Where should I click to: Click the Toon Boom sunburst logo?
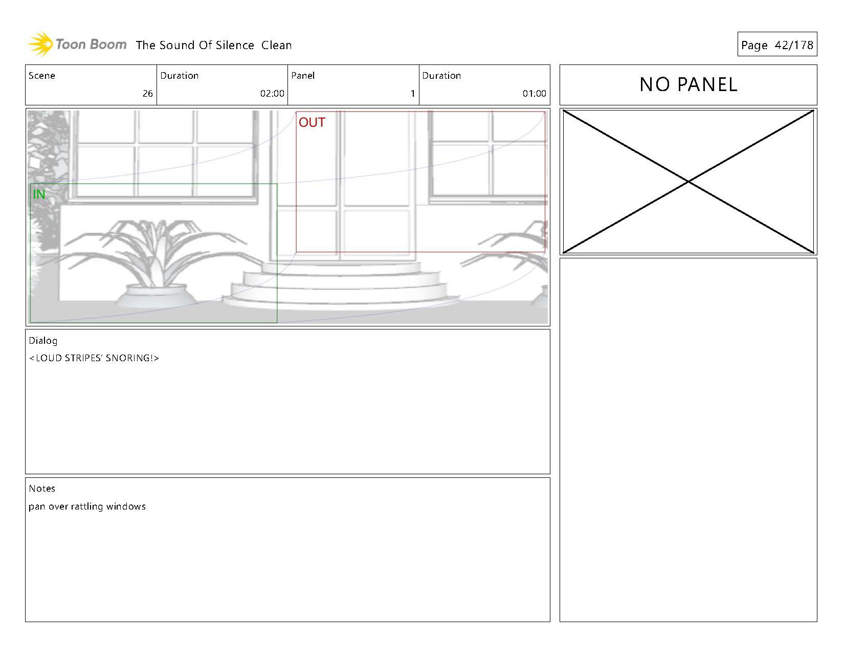(x=40, y=45)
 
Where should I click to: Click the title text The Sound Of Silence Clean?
(x=213, y=45)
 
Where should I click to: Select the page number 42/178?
(x=794, y=45)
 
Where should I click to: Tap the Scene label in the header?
(x=42, y=76)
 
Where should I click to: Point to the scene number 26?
(x=147, y=94)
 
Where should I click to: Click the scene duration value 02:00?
(x=272, y=94)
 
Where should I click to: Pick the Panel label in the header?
(x=303, y=76)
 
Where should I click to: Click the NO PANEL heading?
(x=688, y=85)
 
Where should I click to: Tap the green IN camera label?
(x=39, y=194)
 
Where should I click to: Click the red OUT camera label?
(x=312, y=122)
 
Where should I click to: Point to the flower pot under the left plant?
(x=157, y=297)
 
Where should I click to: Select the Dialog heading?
(x=43, y=341)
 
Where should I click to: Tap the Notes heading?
(x=42, y=489)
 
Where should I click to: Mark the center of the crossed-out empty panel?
(x=688, y=182)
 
